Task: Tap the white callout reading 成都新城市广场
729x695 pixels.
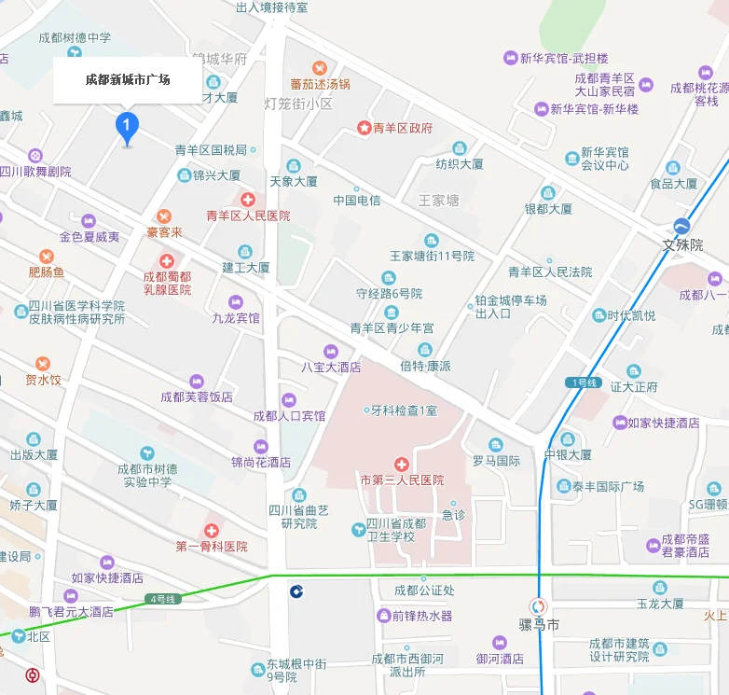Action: point(128,80)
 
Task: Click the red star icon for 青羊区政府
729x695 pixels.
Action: point(364,129)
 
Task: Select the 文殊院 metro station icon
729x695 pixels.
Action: point(682,227)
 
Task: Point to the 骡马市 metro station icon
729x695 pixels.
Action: point(538,605)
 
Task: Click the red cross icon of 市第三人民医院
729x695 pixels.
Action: point(402,464)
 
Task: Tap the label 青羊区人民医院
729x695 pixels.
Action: point(248,215)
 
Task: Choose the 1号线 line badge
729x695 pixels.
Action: point(583,382)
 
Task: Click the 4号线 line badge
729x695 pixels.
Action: point(163,598)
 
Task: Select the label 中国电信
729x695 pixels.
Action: point(357,201)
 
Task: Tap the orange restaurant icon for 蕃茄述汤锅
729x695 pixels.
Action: point(320,67)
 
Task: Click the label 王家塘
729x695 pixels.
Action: point(439,201)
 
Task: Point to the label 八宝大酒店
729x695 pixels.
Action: point(330,367)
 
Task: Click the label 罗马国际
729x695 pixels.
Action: point(496,460)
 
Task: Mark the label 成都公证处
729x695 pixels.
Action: point(424,590)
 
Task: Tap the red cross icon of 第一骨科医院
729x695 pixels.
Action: point(212,530)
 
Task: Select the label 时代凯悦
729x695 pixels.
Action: point(632,315)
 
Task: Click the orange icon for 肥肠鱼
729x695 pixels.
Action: point(47,257)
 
